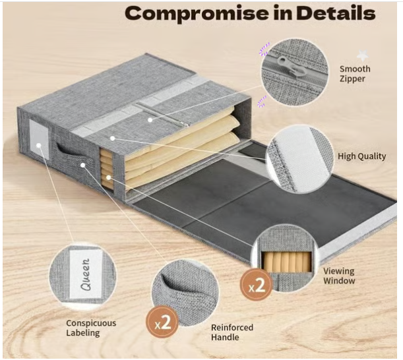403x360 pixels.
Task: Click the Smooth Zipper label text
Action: [x=354, y=74]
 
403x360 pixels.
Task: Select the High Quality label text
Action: [x=361, y=157]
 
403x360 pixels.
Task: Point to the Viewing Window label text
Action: [x=338, y=276]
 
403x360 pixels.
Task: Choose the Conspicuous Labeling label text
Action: [x=90, y=328]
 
